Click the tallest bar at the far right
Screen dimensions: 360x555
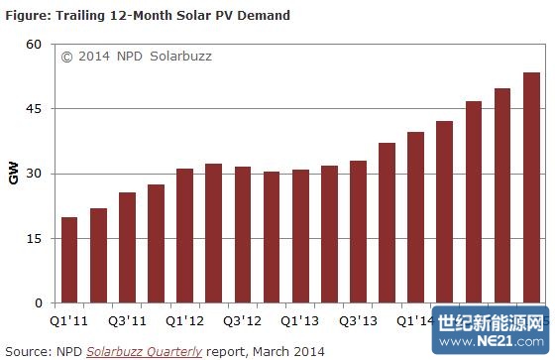[531, 187]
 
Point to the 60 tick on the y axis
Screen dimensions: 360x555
[34, 45]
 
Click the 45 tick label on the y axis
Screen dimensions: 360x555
[34, 109]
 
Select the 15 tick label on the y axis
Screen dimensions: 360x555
[34, 239]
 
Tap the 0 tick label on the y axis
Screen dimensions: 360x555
[38, 303]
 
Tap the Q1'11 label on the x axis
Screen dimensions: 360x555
[69, 320]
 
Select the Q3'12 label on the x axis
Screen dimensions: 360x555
[242, 320]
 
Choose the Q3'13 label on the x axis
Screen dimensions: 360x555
[358, 320]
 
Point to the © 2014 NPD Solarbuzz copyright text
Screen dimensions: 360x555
[136, 57]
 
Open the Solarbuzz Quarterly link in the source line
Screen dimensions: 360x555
[144, 351]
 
